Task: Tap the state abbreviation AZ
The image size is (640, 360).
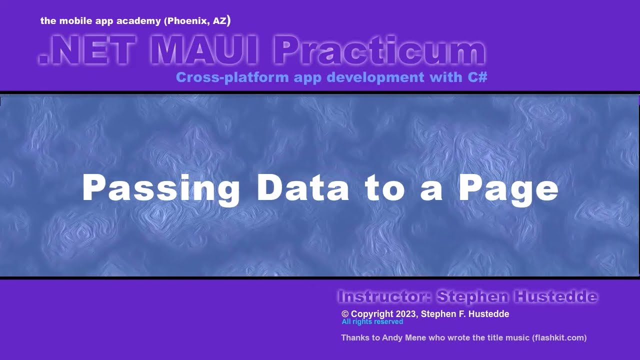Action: tap(219, 21)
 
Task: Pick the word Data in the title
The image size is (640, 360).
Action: tap(303, 188)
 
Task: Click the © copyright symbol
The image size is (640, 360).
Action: tap(345, 314)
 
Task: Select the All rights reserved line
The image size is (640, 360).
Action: tap(372, 322)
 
